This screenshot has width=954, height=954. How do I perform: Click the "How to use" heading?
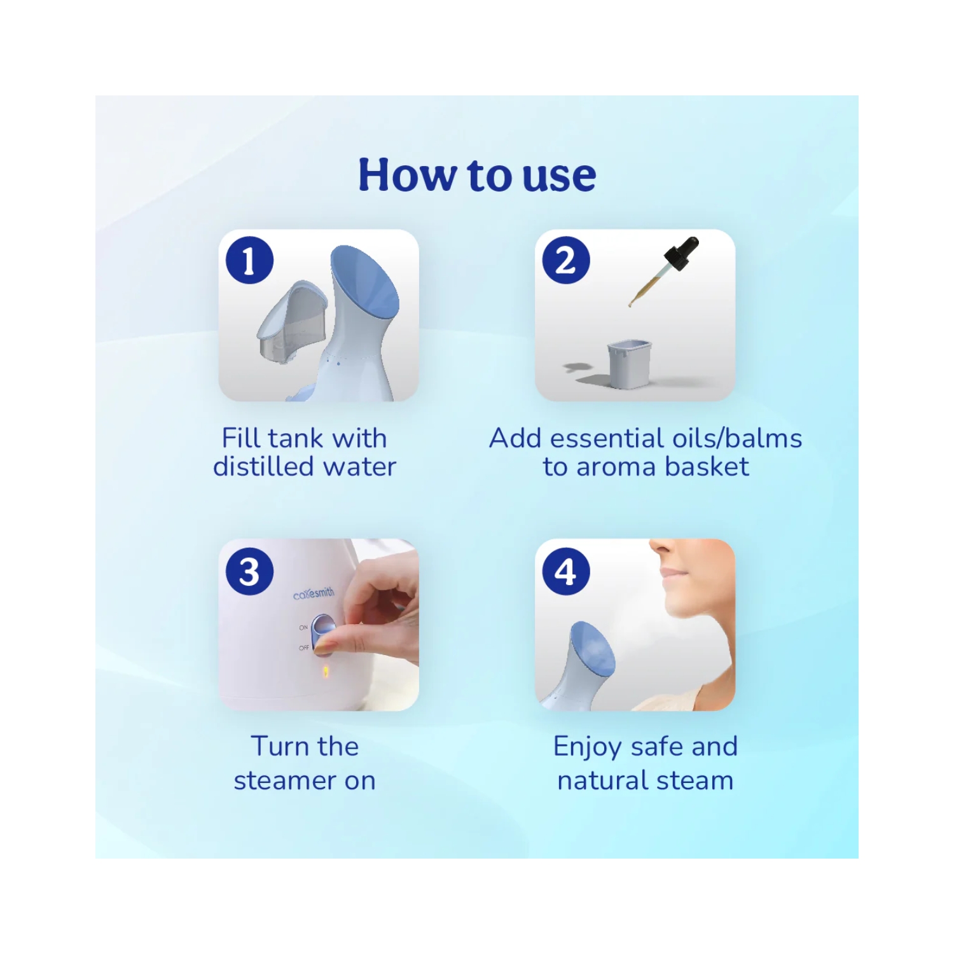(x=477, y=175)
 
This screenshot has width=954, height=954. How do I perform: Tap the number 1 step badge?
(x=250, y=260)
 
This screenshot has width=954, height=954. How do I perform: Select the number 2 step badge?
(x=566, y=260)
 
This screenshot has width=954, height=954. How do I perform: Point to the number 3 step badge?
(x=250, y=571)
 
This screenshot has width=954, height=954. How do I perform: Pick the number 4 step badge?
(x=566, y=571)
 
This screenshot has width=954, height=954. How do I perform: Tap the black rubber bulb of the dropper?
(x=682, y=253)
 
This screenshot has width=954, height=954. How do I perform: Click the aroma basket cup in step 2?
(x=630, y=364)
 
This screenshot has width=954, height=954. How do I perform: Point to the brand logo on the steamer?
(x=314, y=594)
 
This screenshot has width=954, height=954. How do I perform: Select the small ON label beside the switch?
(x=303, y=628)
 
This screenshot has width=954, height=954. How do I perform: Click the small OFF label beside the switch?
(x=304, y=648)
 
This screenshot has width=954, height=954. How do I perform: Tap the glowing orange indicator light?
(x=326, y=670)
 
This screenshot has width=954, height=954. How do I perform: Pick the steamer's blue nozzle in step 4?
(x=593, y=649)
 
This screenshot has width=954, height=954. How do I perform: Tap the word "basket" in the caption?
(x=707, y=467)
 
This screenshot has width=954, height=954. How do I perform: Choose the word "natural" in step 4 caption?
(x=603, y=780)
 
